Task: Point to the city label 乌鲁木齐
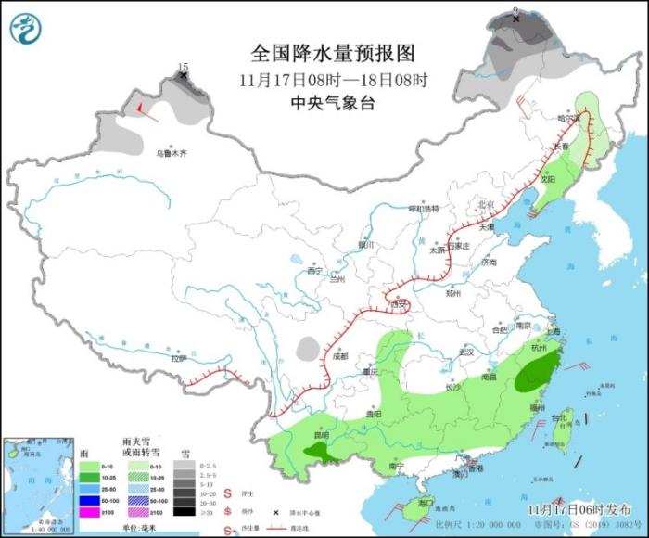pos(171,153)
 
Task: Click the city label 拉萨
pos(178,358)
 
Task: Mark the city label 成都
pos(339,356)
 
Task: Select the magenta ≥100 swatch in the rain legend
pos(95,512)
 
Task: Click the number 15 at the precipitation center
pos(183,67)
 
